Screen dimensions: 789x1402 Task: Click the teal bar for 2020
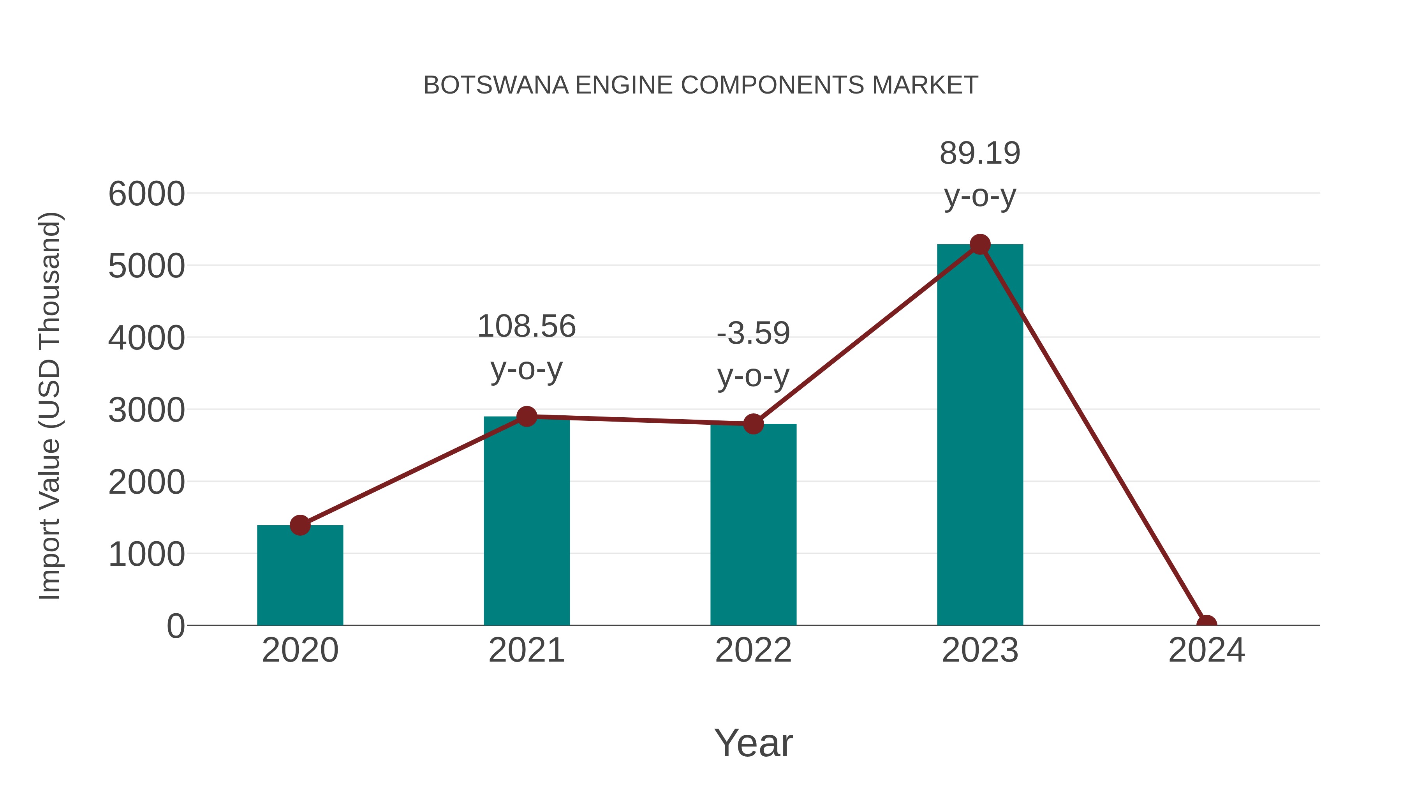(x=300, y=577)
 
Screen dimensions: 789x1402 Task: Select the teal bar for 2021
(x=526, y=523)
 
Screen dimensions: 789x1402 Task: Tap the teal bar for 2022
(x=753, y=526)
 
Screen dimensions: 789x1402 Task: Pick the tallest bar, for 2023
(x=980, y=436)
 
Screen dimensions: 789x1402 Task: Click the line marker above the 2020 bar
(x=300, y=526)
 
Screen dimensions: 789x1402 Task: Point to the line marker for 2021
(x=526, y=417)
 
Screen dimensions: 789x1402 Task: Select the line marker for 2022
(x=753, y=424)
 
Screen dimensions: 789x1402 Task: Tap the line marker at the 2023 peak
(x=980, y=244)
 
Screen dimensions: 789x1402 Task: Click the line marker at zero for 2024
(x=1206, y=624)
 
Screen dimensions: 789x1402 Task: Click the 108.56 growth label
(x=526, y=327)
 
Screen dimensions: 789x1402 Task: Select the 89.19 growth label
(x=980, y=154)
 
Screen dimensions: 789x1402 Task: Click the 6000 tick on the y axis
(x=146, y=194)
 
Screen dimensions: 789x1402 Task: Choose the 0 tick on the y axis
(x=176, y=626)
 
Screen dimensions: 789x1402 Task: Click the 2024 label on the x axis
(x=1206, y=650)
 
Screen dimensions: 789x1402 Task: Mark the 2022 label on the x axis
(x=753, y=650)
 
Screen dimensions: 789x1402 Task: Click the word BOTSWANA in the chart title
(x=496, y=85)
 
